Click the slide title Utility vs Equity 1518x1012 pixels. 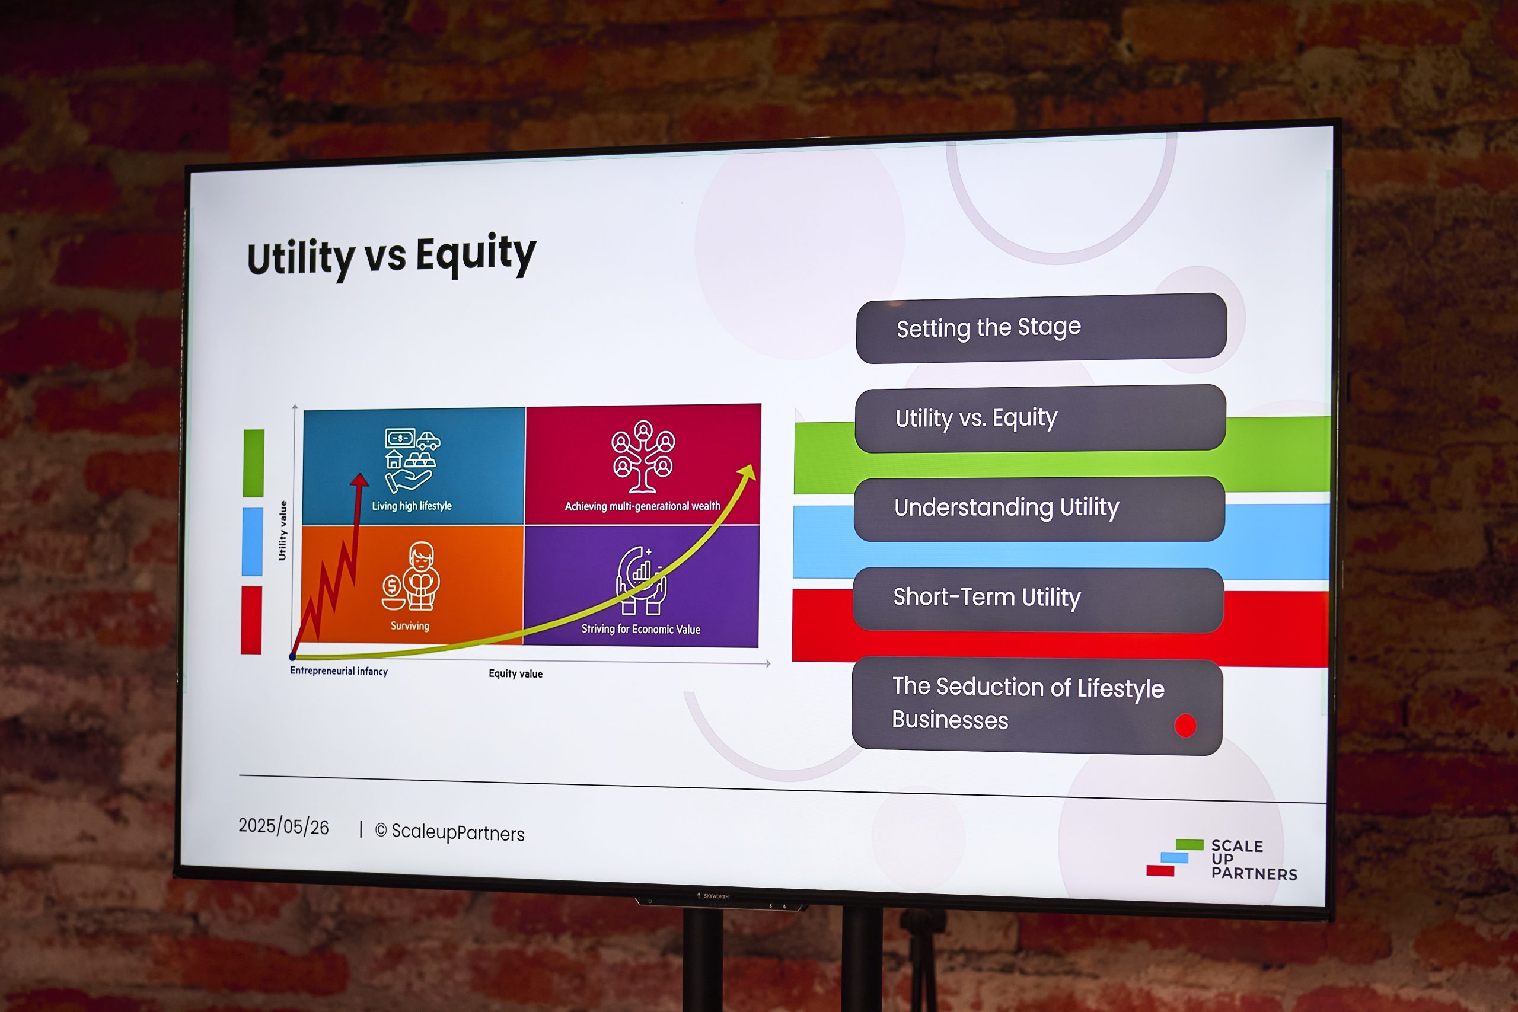391,256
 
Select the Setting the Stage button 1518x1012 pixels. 1041,328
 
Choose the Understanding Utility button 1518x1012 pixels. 1039,509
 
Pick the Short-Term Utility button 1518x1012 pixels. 1038,599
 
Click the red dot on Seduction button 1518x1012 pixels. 1185,726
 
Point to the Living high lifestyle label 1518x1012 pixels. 412,506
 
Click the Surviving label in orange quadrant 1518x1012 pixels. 410,625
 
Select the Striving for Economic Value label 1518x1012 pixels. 641,628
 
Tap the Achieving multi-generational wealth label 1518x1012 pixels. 642,506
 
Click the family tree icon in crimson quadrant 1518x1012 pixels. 643,456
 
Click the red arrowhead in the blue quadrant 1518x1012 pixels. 359,480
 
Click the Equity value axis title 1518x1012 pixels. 516,673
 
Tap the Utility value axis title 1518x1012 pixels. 282,531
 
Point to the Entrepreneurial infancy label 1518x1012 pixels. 339,671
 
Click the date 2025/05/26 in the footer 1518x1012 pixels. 283,826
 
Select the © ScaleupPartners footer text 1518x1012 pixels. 450,832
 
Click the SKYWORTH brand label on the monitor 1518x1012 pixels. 716,896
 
